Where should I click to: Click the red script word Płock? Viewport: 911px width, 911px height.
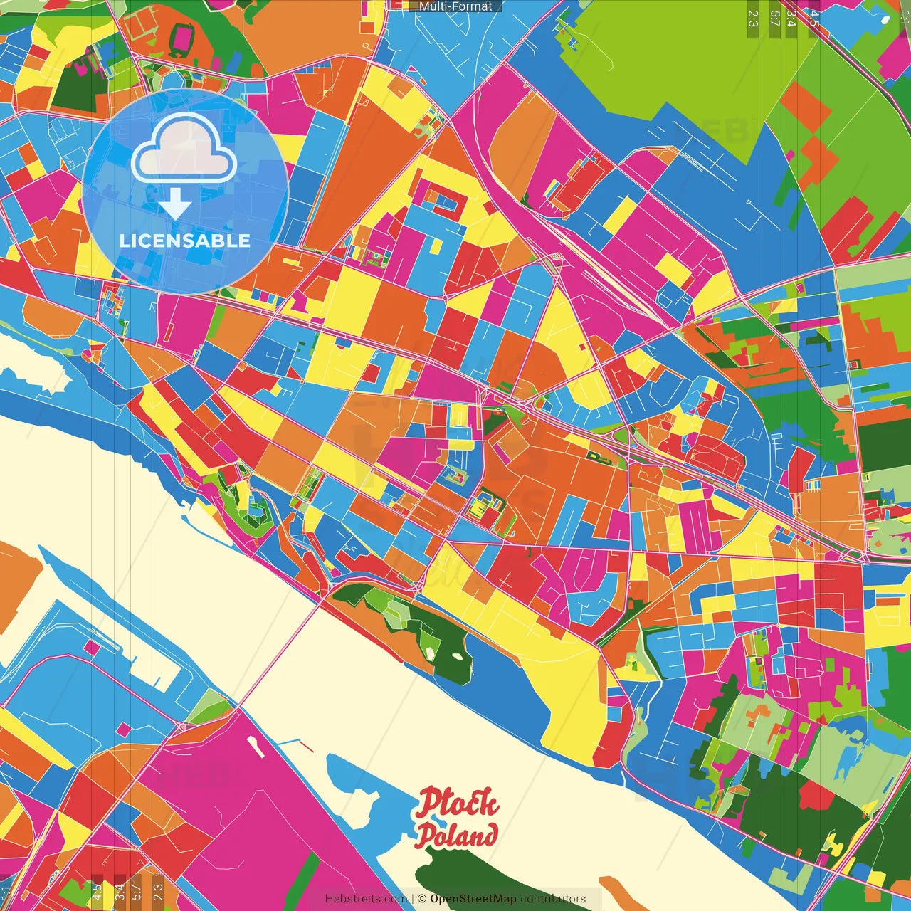(458, 803)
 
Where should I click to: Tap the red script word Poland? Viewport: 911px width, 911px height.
(456, 835)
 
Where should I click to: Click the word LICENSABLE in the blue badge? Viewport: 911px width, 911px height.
(185, 241)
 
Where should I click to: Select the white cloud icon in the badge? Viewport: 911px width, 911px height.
(184, 148)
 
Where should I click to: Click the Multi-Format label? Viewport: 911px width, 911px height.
(455, 6)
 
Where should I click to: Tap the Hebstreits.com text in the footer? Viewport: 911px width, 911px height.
(366, 899)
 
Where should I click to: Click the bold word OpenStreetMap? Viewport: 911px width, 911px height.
(473, 899)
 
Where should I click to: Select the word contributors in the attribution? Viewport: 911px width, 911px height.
(553, 899)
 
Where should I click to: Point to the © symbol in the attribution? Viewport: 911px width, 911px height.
(421, 899)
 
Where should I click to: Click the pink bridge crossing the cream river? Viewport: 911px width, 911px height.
(278, 655)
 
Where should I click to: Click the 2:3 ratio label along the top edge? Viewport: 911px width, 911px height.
(753, 18)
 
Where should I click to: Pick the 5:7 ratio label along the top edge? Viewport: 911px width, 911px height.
(774, 18)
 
